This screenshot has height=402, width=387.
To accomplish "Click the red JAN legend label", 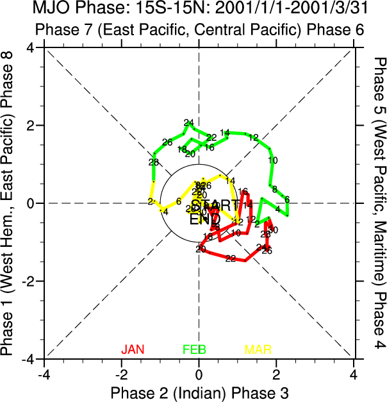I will (x=133, y=349).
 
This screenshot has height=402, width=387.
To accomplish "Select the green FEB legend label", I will (x=194, y=349).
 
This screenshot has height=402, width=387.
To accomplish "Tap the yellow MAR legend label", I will (x=258, y=349).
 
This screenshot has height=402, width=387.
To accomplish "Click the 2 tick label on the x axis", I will (x=277, y=374).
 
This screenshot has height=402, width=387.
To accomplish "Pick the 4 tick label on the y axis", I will (x=30, y=48).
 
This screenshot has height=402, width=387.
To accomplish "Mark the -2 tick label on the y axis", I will (x=28, y=281).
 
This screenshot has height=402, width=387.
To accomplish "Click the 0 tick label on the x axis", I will (x=199, y=374).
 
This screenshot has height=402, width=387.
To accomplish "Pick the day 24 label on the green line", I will (x=188, y=122).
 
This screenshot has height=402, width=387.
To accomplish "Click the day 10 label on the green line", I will (x=273, y=160).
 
